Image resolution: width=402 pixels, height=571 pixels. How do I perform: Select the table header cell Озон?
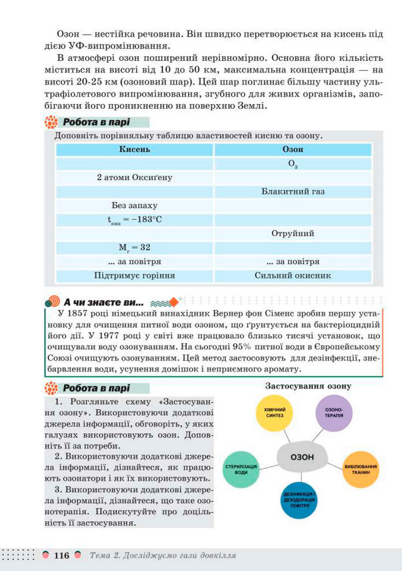coord(293,149)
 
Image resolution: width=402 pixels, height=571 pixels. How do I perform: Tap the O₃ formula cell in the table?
coord(293,164)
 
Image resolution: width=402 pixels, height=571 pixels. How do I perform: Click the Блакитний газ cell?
coord(293,191)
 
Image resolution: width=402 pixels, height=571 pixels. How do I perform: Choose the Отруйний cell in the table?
coord(293,233)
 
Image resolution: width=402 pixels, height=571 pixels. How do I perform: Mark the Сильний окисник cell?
coord(293,276)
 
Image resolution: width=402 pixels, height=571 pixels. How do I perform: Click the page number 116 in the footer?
coord(61,556)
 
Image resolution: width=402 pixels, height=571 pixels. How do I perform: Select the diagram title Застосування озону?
coord(309,385)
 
